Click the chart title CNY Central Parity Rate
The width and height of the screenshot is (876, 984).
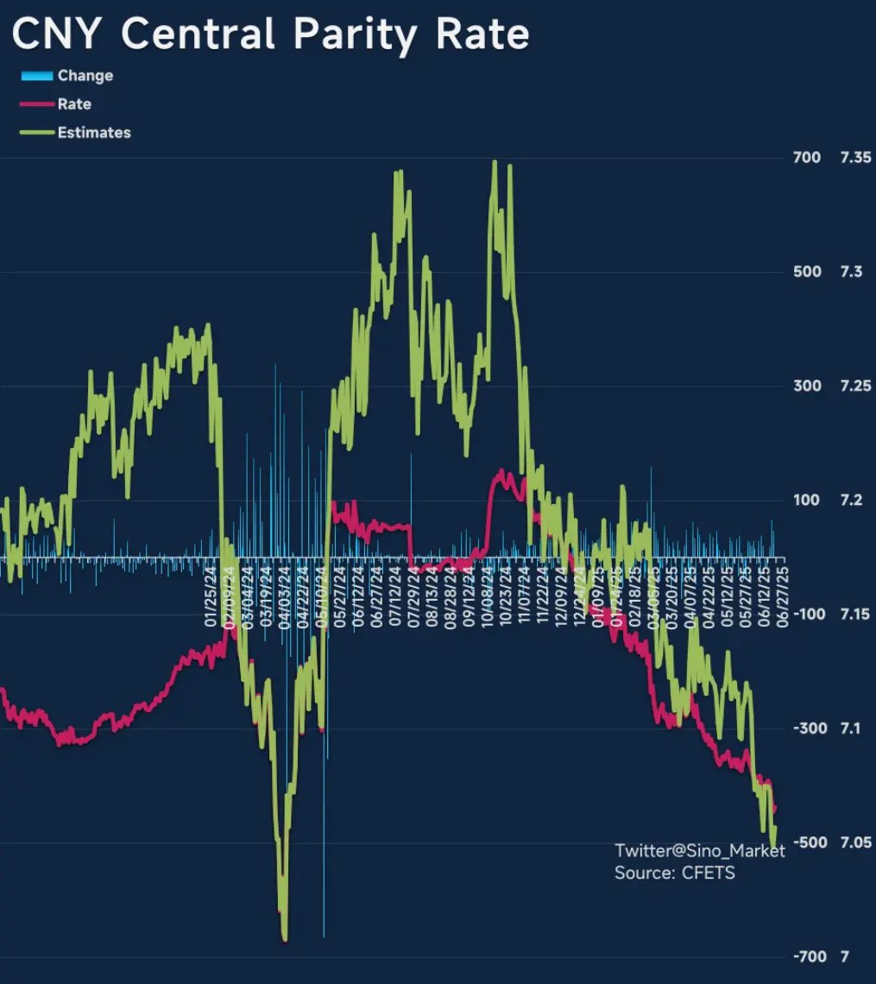(269, 35)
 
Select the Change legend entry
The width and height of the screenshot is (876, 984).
(85, 76)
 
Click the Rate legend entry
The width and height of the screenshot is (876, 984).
(74, 104)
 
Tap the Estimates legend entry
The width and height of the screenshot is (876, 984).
(93, 133)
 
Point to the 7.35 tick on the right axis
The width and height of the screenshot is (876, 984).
(856, 158)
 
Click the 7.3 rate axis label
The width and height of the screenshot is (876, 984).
(852, 272)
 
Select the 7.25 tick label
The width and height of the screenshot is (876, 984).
(856, 386)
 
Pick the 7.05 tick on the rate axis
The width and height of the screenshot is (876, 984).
(856, 842)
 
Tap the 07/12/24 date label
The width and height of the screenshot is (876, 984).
(396, 593)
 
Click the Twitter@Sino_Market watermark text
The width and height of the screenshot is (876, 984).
(699, 851)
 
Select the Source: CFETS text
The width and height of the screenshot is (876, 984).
(674, 873)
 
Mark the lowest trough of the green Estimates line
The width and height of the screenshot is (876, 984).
(285, 939)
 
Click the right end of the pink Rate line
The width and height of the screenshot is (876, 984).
(775, 809)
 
